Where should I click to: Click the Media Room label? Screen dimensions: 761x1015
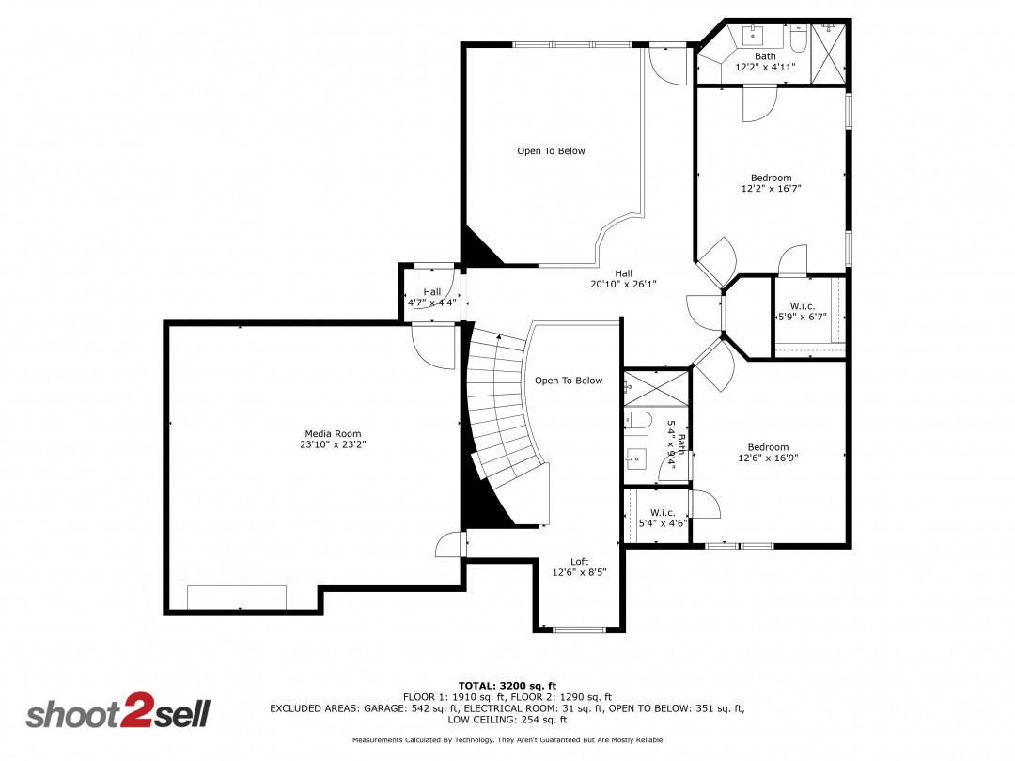(x=334, y=434)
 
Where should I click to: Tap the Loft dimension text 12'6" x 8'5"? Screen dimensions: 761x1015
(x=579, y=571)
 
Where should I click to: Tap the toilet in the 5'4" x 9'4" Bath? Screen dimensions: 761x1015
(x=638, y=418)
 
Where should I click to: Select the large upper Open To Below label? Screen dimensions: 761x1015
(x=551, y=150)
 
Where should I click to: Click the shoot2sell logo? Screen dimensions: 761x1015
(x=117, y=713)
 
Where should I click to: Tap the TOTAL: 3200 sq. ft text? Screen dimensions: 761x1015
(x=507, y=685)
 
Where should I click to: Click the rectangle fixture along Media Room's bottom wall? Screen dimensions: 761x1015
(x=236, y=598)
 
